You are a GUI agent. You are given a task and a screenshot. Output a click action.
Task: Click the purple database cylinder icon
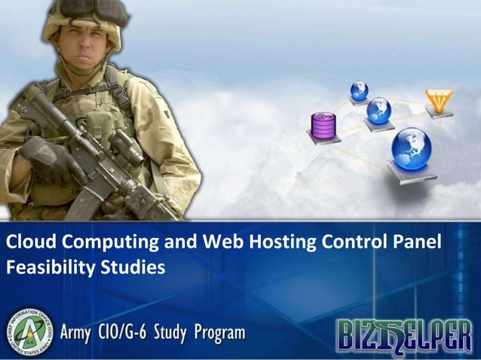tap(323, 124)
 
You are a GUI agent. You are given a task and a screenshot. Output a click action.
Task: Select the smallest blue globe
tap(359, 91)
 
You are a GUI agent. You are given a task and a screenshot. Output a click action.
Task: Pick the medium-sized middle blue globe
tap(378, 111)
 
